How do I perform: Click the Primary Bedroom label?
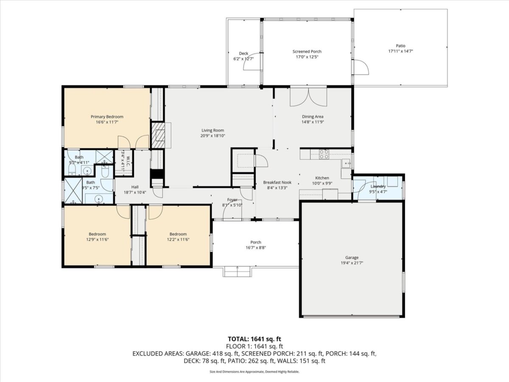pos(107,117)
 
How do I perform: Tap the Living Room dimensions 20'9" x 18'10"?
pos(213,136)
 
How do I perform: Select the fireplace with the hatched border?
pos(158,135)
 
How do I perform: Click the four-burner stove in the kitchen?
pos(324,154)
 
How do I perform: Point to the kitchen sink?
pos(346,163)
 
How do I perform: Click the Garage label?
pos(352,258)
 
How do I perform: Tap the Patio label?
pos(400,46)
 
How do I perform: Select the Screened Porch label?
pos(307,51)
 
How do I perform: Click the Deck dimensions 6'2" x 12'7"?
pos(243,59)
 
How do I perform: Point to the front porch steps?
pos(237,272)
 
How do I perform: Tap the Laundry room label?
pos(378,186)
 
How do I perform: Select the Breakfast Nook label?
pos(277,183)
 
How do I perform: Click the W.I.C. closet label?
pos(129,160)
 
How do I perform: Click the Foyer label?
pos(232,199)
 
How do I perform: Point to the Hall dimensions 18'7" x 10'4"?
pos(135,192)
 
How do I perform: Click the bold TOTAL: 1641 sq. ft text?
pos(255,339)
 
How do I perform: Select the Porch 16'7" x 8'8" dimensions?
pos(256,248)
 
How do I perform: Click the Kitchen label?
pos(322,178)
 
